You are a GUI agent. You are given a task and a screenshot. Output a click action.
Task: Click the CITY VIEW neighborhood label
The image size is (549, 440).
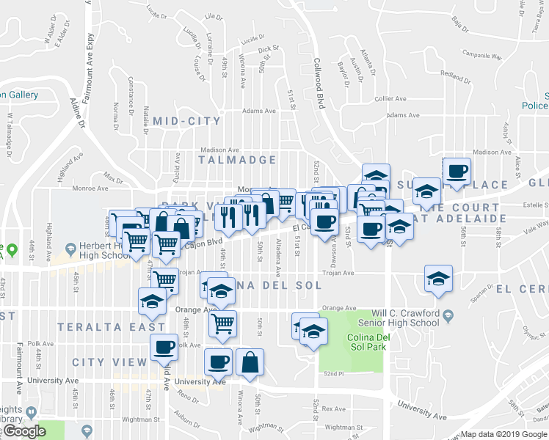[110, 362]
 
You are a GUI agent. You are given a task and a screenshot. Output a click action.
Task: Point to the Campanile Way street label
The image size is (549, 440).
[481, 55]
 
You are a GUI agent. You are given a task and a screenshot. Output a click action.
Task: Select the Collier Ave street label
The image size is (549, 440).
[390, 98]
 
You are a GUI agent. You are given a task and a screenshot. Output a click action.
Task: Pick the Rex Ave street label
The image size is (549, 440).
[333, 409]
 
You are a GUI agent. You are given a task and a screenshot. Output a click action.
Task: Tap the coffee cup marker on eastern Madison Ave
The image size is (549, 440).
[457, 171]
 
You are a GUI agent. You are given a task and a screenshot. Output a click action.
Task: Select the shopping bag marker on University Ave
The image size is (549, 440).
[250, 362]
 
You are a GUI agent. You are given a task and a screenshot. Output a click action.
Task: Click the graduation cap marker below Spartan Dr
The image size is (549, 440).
[438, 279]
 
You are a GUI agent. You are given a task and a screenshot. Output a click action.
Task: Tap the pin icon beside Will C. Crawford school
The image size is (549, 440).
[447, 316]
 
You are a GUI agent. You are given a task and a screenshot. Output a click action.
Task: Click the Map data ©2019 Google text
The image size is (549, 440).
[503, 434]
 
